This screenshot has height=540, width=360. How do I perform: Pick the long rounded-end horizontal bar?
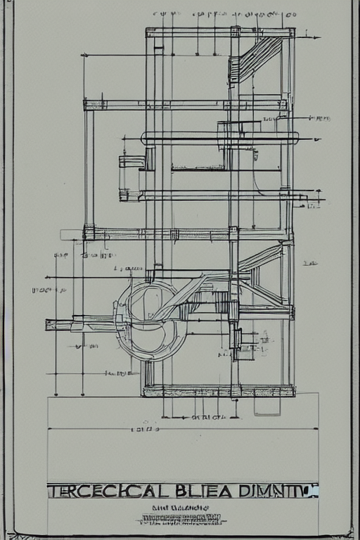click(219, 139)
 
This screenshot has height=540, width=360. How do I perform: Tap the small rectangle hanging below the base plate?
click(267, 404)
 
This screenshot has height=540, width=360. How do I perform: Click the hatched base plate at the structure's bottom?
click(219, 390)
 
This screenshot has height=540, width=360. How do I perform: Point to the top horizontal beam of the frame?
click(219, 32)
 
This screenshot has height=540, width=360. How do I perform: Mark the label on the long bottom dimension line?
click(143, 427)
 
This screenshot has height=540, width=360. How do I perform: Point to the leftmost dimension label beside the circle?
click(41, 290)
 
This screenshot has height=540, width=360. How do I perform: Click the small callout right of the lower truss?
click(309, 264)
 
